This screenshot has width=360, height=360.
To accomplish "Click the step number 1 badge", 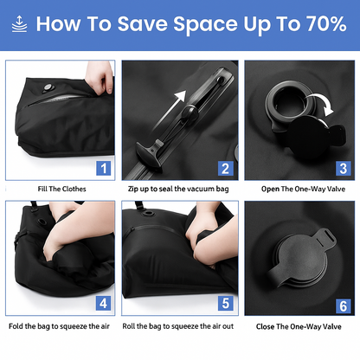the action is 103,168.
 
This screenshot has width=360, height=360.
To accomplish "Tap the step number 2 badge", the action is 226,169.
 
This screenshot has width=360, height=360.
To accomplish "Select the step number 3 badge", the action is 344,169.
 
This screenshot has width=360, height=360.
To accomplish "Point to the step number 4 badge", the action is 103,303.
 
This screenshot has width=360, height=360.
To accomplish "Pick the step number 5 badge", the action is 226,303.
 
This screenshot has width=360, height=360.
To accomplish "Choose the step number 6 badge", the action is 344,306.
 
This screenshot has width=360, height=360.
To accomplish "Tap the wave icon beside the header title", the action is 19,24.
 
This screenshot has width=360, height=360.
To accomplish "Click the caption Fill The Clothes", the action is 61,189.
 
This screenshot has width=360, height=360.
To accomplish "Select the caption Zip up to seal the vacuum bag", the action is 178,189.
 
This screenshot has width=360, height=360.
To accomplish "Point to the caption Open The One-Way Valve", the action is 303,189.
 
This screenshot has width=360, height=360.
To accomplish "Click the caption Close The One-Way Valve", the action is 299,326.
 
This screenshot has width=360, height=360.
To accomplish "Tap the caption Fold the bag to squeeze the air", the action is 59,326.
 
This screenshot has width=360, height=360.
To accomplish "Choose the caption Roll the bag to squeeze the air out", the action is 178,326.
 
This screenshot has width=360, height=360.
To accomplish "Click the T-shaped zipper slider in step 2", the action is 150,152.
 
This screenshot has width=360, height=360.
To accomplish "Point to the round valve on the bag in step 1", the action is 48,88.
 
